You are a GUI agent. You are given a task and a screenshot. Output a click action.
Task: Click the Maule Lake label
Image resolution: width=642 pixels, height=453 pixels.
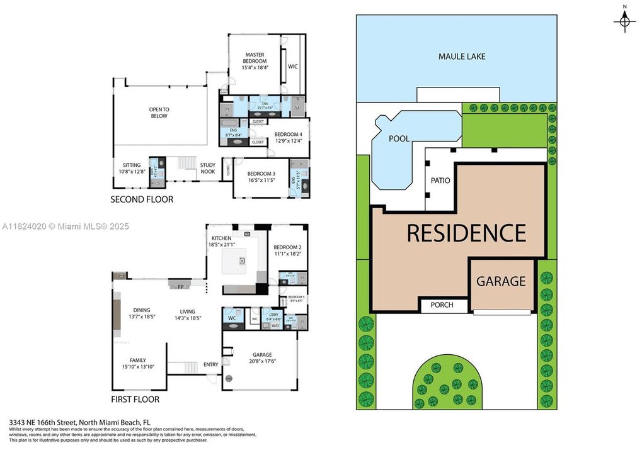[x=462, y=57]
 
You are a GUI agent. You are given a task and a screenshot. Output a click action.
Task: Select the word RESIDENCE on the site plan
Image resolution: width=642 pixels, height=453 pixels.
[x=466, y=233]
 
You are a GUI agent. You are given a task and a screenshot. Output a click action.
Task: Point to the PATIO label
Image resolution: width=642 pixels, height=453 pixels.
[x=440, y=181]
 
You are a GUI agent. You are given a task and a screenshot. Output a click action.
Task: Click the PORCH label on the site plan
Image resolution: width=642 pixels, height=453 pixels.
[x=442, y=305]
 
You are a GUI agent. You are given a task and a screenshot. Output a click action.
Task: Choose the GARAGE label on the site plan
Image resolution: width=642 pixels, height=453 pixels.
[x=500, y=281]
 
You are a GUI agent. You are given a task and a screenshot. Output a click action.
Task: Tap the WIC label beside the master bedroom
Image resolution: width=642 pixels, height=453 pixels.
[x=292, y=66]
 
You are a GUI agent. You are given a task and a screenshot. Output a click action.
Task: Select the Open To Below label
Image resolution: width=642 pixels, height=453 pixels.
[x=159, y=113]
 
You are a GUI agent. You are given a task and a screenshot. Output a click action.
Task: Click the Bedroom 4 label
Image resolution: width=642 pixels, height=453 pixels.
[x=288, y=137]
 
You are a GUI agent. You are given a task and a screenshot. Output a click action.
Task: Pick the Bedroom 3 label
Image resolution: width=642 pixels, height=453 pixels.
[x=261, y=177]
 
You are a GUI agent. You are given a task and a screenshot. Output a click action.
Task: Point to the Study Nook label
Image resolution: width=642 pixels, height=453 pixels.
[x=208, y=168]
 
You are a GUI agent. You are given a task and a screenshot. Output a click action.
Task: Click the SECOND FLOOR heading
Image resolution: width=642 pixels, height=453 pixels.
[x=142, y=199]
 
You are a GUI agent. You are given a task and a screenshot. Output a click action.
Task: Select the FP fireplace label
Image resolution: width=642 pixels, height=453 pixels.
[x=180, y=286]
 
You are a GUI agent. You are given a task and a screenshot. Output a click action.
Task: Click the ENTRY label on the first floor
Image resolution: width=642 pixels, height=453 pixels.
[x=210, y=365]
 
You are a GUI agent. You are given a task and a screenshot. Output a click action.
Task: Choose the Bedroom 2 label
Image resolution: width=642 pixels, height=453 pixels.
[x=287, y=251]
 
